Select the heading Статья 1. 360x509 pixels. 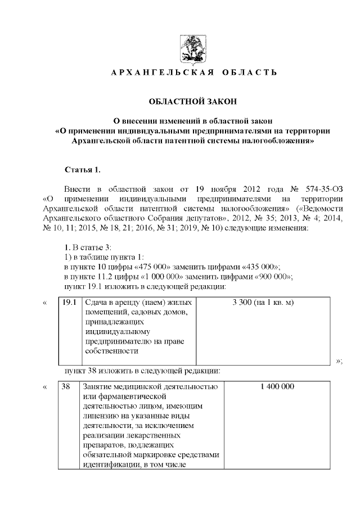[83, 170]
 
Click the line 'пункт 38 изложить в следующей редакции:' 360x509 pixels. [142, 371]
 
